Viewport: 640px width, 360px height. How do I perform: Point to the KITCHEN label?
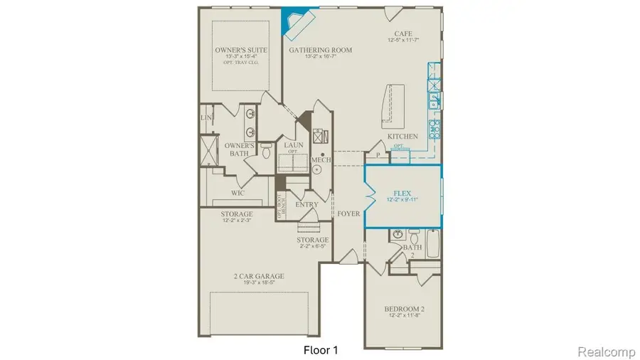(402, 136)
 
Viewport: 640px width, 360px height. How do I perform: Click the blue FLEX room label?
(403, 193)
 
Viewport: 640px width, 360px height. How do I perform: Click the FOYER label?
(348, 213)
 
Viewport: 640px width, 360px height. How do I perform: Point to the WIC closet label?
(238, 193)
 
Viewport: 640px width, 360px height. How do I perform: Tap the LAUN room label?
(294, 145)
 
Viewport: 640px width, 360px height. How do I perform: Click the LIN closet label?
(207, 117)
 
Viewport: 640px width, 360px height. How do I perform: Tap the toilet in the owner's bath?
(266, 150)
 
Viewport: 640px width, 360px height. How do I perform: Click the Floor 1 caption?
(320, 350)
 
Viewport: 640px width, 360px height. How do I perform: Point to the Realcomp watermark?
(605, 350)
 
